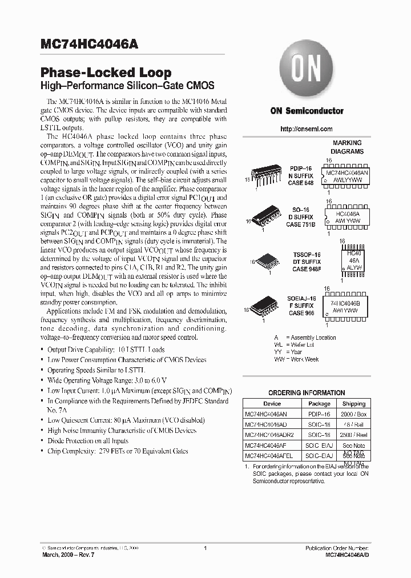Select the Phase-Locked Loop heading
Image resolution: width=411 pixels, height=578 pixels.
click(106, 73)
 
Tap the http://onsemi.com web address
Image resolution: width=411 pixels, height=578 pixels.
click(307, 129)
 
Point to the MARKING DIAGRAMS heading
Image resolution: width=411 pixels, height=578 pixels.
click(347, 147)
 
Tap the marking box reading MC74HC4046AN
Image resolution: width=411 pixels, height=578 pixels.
click(347, 172)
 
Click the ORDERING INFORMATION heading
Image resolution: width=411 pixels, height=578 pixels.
click(307, 393)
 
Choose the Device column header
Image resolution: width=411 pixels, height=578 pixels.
click(272, 403)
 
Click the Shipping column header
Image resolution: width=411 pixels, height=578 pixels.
click(354, 403)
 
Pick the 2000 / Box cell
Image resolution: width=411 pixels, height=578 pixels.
click(354, 414)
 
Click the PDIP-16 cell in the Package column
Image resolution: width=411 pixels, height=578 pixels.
click(319, 414)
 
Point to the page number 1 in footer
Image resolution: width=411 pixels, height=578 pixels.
click(204, 548)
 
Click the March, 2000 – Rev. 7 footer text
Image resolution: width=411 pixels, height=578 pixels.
click(68, 555)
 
